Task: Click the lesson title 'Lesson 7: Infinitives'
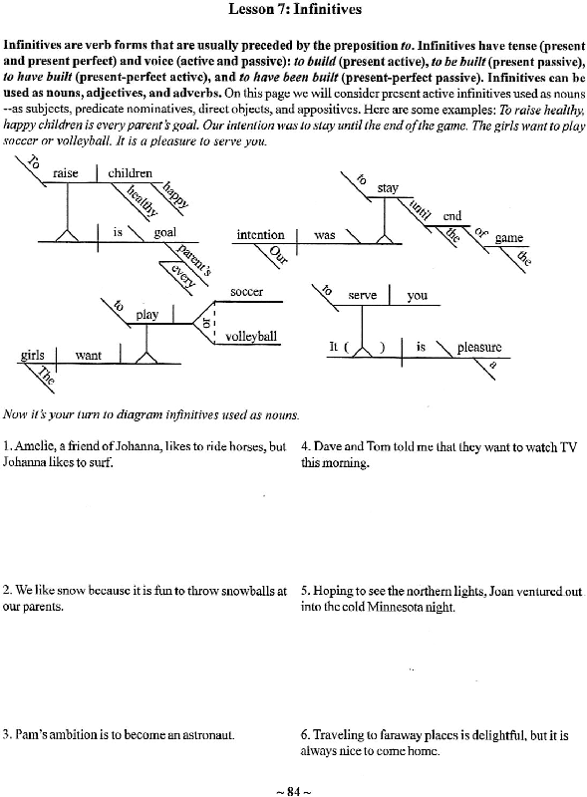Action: pos(295,9)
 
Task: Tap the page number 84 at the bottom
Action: pos(293,791)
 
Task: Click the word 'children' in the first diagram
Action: pos(130,172)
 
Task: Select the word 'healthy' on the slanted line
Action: pos(142,200)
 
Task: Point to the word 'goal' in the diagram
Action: pos(164,233)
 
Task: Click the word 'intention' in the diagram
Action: pos(260,234)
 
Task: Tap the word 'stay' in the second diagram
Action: pos(388,188)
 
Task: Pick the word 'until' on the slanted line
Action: pos(421,209)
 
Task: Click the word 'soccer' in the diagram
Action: pos(247,292)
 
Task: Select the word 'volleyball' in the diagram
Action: pos(251,336)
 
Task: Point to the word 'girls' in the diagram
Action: pos(33,355)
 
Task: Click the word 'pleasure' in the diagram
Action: pos(479,347)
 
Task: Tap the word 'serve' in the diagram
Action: pos(362,295)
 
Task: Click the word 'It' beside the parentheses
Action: pos(333,347)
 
